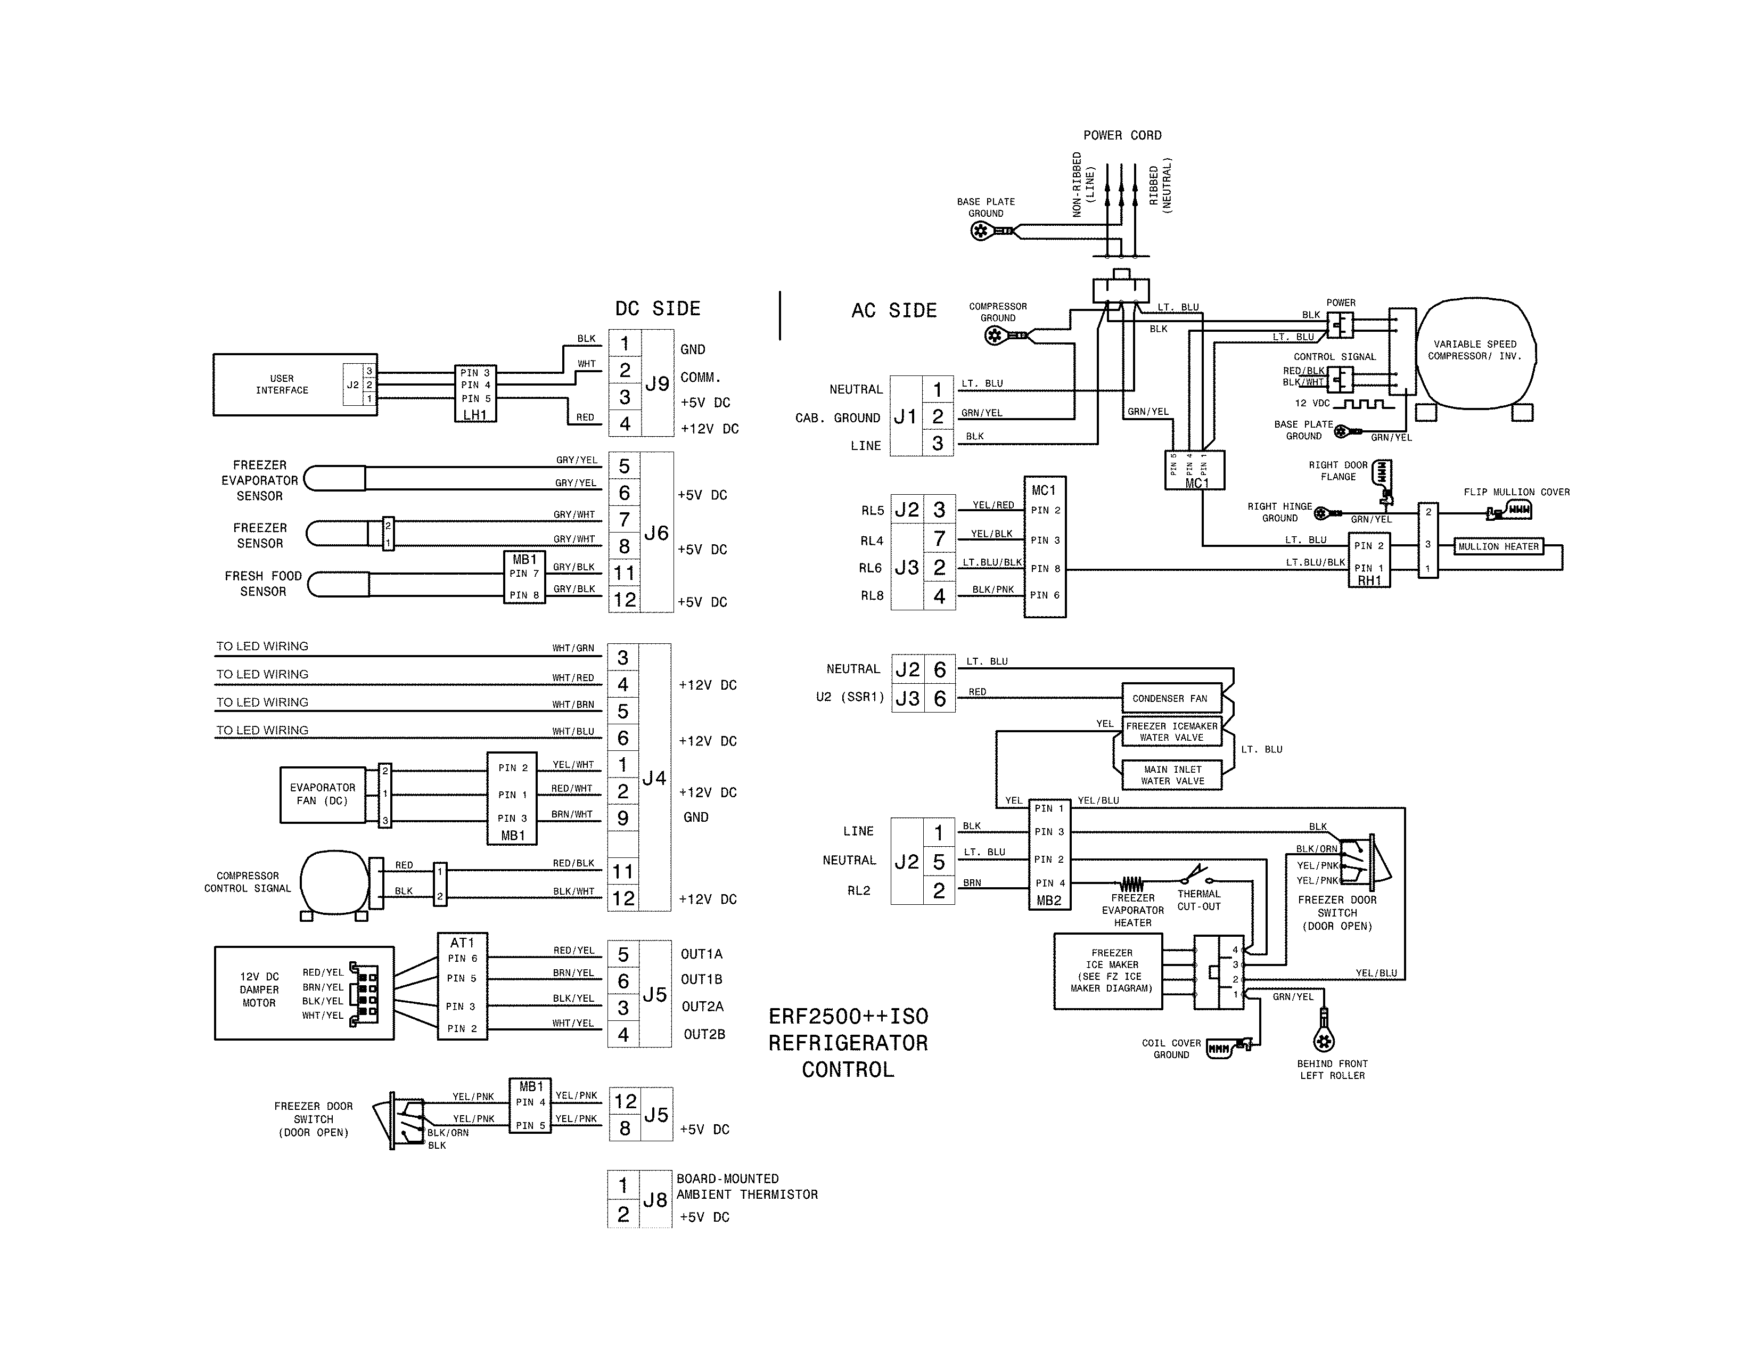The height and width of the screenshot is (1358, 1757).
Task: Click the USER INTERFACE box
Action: (282, 385)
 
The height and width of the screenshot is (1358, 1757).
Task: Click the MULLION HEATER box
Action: (1498, 546)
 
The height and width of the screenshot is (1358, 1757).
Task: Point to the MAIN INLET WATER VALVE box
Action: (1172, 775)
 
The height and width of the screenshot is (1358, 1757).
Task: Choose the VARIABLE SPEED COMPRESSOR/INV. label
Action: (1475, 350)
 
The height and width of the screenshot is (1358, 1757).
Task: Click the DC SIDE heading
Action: (657, 309)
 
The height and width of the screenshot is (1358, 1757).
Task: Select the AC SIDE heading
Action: (894, 310)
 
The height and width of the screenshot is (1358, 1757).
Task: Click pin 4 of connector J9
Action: (625, 424)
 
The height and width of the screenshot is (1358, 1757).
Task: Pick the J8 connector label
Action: (655, 1199)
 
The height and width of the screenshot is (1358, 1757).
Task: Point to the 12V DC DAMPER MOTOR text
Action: (259, 989)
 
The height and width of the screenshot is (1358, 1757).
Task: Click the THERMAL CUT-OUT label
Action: (1198, 899)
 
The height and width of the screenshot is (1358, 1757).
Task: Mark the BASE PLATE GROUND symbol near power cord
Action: (981, 232)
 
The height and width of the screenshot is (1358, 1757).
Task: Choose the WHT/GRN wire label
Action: (573, 648)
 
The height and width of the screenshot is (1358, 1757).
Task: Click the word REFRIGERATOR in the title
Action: (848, 1043)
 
